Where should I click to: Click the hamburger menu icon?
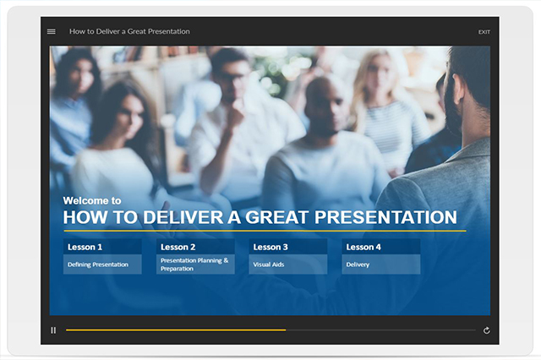pos(51,31)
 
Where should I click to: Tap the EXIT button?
pos(484,32)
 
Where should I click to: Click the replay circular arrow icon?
pos(487,330)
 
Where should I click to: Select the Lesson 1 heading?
pos(85,247)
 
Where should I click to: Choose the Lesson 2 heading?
pos(178,247)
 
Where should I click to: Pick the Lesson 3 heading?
pos(270,247)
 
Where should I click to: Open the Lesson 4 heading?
pos(363,247)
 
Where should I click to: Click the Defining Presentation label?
pos(98,265)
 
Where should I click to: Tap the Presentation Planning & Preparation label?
pos(194,265)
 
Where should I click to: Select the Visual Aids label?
pos(269,265)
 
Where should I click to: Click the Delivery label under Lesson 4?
pos(358,265)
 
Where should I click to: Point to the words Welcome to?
pos(92,200)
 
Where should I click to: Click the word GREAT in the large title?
pos(276,217)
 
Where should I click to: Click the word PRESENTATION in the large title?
pos(385,217)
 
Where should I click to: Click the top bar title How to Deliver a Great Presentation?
pos(129,31)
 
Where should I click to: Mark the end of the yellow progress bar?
pos(286,330)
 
